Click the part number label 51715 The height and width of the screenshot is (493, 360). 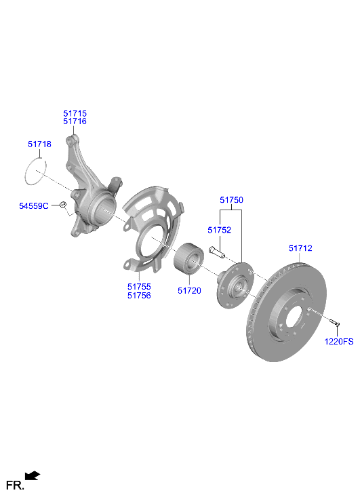coord(75,113)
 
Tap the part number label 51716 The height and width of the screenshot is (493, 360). coord(75,121)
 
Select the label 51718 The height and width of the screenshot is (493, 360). coord(39,144)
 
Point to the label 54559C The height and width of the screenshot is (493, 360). coord(34,206)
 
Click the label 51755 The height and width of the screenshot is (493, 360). coord(139,287)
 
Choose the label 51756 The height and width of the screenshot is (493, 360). coord(139,296)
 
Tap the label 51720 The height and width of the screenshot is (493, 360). coord(189,291)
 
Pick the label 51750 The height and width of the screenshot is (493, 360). coord(231,200)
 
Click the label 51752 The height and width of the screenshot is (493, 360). coord(220,230)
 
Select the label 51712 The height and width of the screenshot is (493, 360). coord(300,248)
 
